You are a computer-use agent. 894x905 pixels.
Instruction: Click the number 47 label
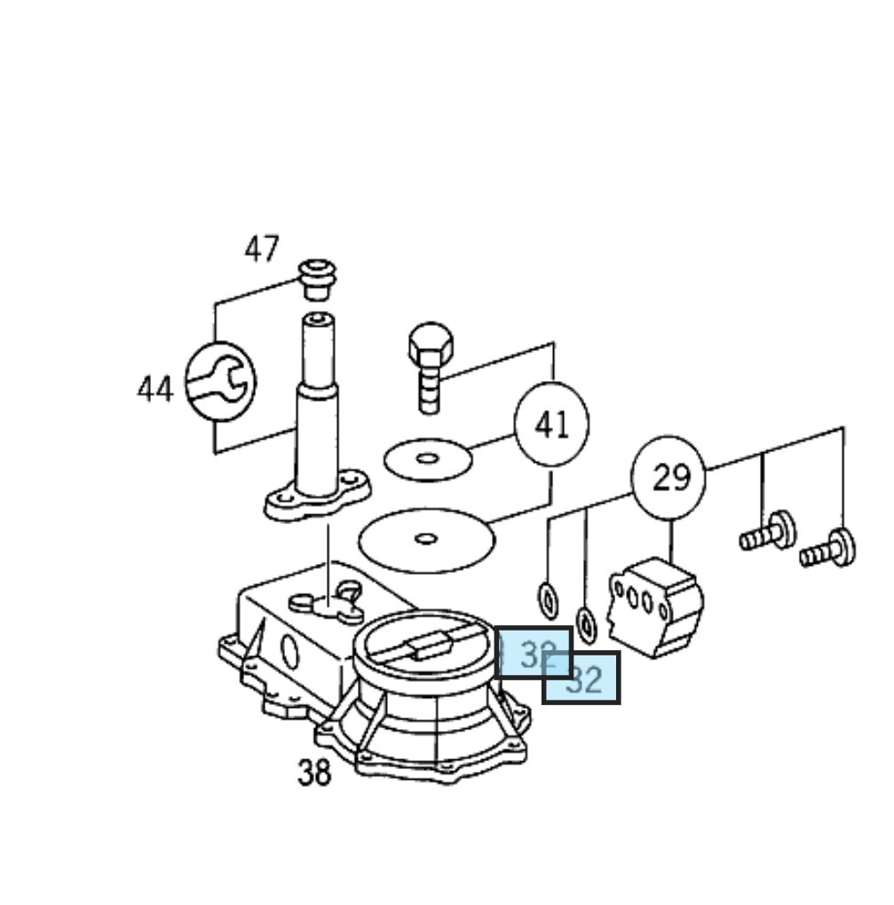point(262,249)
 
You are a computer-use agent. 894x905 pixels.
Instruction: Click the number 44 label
point(154,389)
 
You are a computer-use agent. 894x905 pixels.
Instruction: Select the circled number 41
point(551,425)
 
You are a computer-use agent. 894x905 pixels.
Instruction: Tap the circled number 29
point(669,478)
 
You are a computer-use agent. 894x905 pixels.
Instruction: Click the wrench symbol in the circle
point(219,383)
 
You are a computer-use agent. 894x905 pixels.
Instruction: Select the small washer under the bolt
point(428,458)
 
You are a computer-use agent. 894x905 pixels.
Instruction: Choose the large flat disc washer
point(426,538)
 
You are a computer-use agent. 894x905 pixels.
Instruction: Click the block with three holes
point(656,607)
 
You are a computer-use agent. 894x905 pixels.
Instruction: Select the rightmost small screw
point(829,548)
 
